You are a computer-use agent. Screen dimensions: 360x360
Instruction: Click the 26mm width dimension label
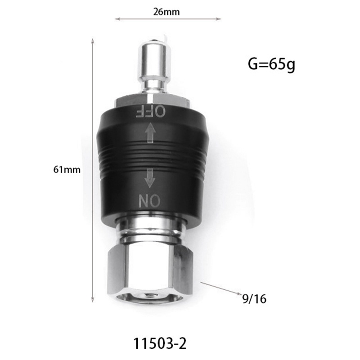(x=166, y=12)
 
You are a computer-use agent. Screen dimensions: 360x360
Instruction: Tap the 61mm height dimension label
(x=68, y=170)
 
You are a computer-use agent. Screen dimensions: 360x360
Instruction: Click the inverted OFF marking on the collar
(x=151, y=111)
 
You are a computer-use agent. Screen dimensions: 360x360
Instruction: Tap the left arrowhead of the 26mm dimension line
(x=117, y=19)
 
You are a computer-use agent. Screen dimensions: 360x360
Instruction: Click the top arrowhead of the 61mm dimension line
(x=93, y=41)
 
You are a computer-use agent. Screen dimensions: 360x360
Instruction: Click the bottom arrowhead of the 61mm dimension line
(x=93, y=301)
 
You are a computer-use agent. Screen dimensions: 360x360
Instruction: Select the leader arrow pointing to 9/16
(x=220, y=288)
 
